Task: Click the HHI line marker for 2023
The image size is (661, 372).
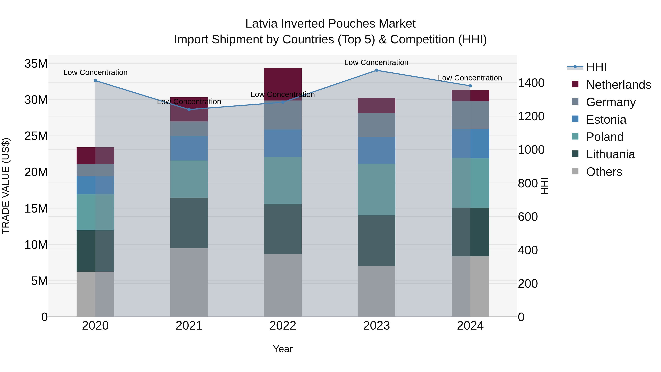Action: tap(376, 70)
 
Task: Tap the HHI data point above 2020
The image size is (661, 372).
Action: tap(95, 81)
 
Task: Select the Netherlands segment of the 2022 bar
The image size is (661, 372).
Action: tap(283, 84)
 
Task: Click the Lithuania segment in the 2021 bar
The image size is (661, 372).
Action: tap(189, 223)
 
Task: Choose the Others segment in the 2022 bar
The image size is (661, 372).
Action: tap(283, 285)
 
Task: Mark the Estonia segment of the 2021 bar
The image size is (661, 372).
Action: tap(189, 148)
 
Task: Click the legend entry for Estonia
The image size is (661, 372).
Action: tap(606, 120)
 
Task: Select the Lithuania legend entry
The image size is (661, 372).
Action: tap(610, 154)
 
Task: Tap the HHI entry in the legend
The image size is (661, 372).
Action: tap(596, 67)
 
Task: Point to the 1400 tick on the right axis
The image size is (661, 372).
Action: tap(531, 83)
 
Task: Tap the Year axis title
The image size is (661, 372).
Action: tap(283, 349)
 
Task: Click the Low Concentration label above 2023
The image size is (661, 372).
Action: tap(376, 62)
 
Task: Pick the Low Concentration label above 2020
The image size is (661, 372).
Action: tap(95, 72)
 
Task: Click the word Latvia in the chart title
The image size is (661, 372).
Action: tap(261, 24)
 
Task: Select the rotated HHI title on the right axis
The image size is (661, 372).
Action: tap(544, 186)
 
